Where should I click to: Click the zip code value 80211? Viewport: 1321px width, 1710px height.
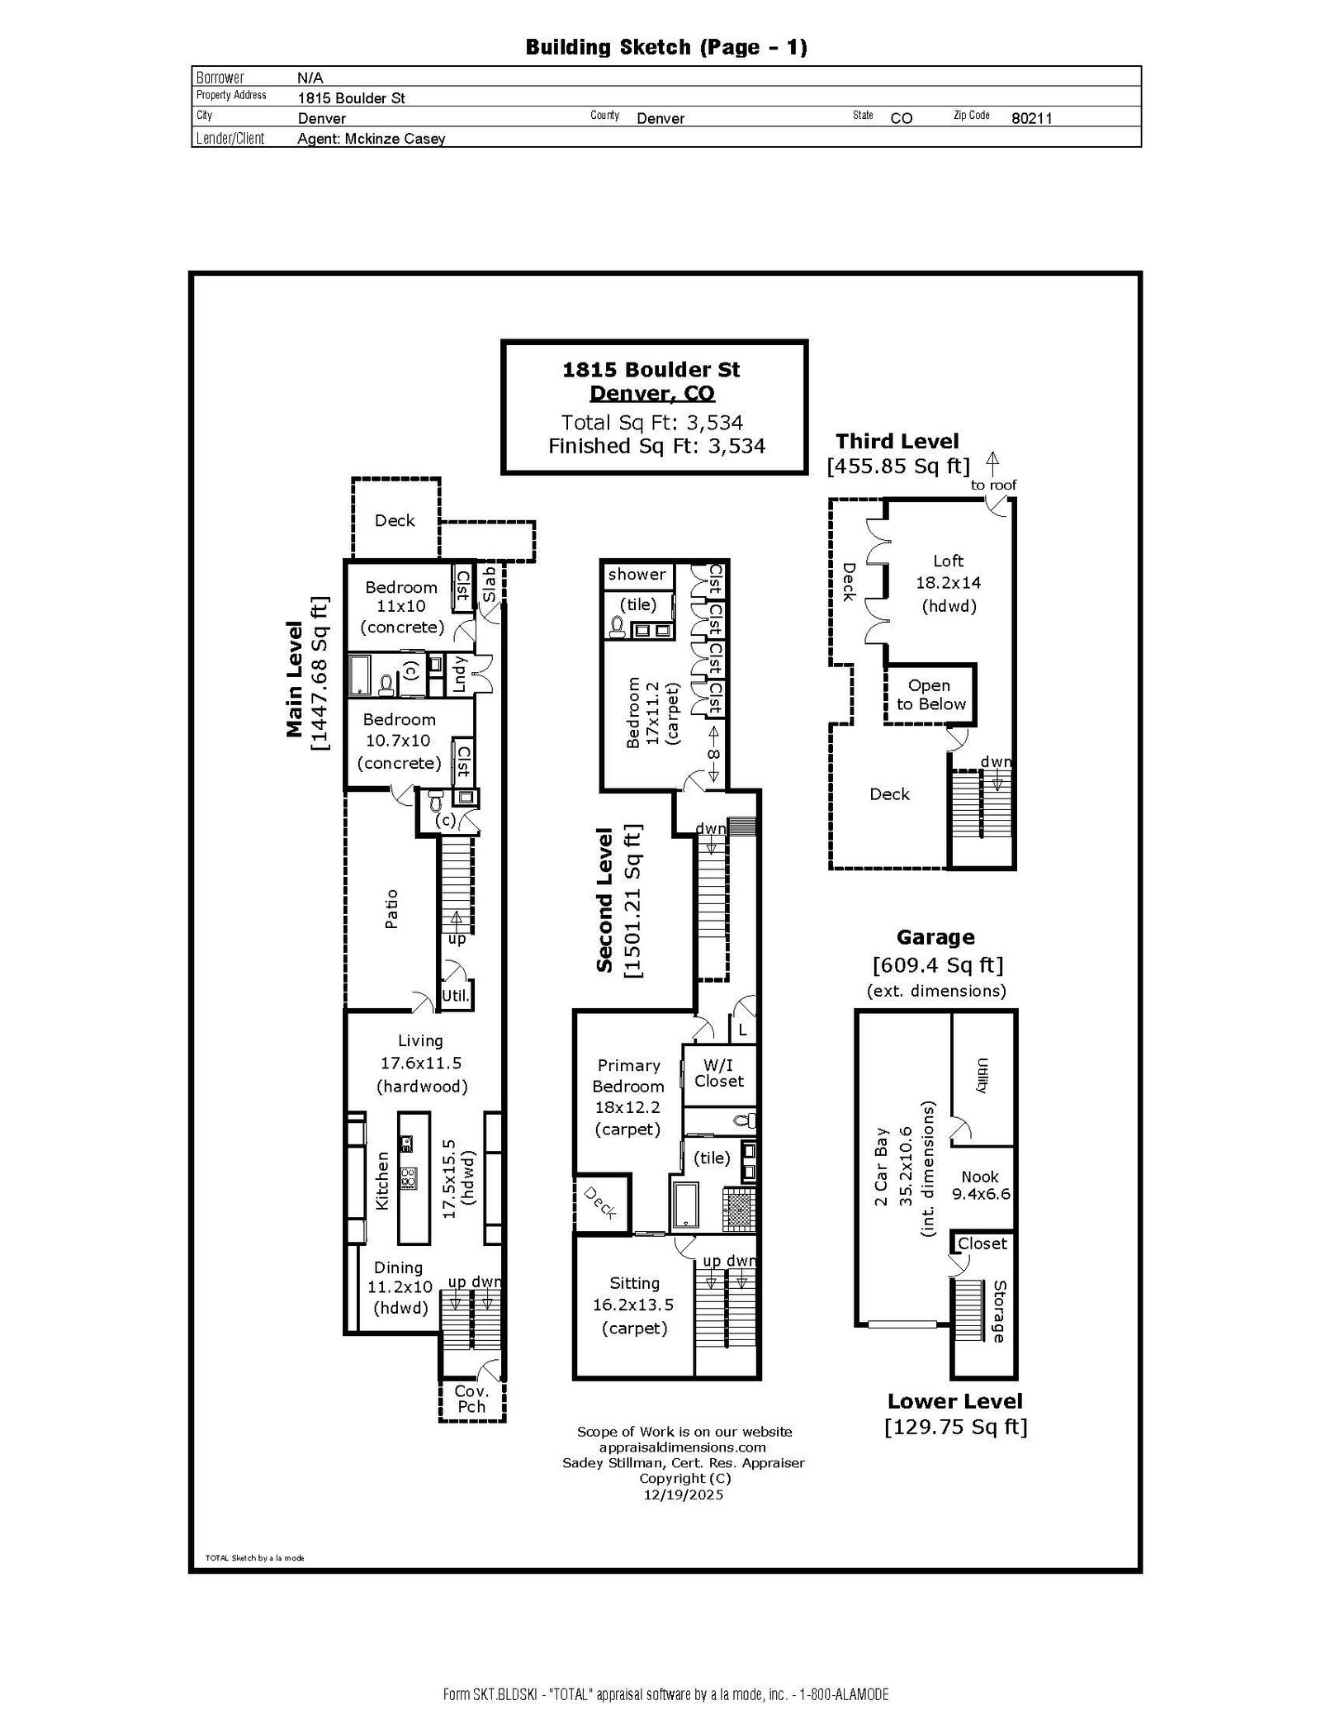pos(1031,118)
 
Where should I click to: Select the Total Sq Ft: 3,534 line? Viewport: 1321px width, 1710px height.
pos(652,423)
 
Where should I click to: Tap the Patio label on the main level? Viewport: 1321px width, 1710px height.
pos(391,909)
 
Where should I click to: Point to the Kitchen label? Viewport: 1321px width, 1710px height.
pos(382,1182)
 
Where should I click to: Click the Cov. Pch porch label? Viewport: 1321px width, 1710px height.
pos(471,1399)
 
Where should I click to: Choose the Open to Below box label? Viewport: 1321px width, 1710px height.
pos(930,694)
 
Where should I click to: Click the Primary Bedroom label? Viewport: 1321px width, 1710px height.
pos(628,1076)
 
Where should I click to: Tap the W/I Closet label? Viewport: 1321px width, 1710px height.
pos(719,1073)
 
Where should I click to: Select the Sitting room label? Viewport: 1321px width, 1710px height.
pos(634,1283)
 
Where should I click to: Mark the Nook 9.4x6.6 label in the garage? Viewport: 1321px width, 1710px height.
pos(980,1185)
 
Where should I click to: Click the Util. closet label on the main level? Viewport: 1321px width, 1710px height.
pos(456,996)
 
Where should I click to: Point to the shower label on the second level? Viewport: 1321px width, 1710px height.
pos(637,574)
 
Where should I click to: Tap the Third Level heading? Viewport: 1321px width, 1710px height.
pos(897,441)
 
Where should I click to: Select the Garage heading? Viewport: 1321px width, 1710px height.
pos(935,937)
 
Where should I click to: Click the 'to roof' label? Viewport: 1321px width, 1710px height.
pos(993,485)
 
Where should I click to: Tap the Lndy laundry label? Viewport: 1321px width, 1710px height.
pos(460,674)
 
